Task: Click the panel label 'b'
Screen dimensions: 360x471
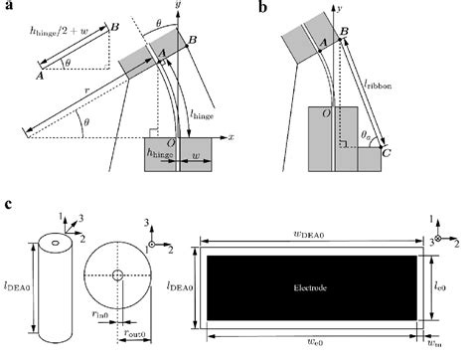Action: click(261, 8)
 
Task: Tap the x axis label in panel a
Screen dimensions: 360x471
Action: click(230, 135)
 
